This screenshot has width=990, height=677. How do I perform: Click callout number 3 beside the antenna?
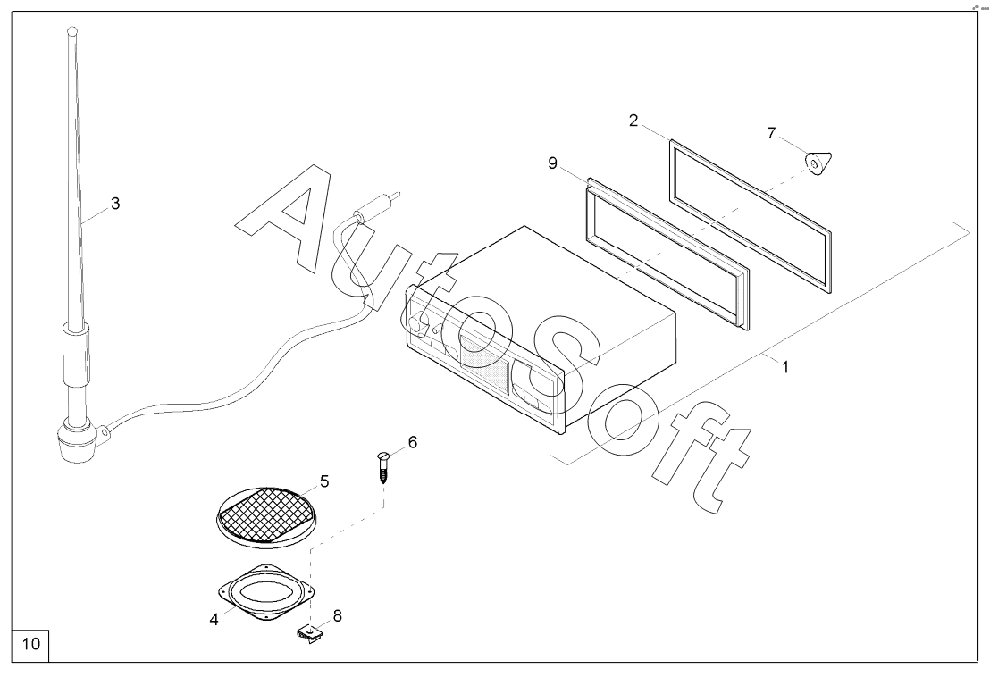point(114,203)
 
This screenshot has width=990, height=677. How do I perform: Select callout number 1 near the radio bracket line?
point(785,366)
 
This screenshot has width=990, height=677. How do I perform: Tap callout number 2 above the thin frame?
point(633,121)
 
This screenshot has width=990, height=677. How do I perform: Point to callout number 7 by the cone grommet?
point(771,133)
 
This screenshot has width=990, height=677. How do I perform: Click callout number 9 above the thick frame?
point(553,163)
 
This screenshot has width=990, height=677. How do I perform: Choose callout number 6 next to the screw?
point(412,441)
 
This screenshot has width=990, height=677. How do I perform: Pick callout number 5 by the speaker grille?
point(324,481)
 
